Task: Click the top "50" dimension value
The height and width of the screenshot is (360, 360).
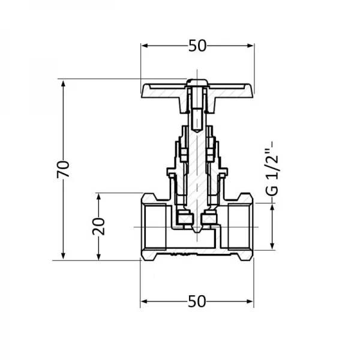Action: click(197, 46)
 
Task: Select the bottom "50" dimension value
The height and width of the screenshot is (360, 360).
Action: click(197, 302)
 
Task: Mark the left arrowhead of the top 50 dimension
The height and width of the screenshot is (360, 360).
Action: click(145, 46)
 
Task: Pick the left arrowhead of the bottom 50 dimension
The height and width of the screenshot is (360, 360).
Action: click(145, 302)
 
